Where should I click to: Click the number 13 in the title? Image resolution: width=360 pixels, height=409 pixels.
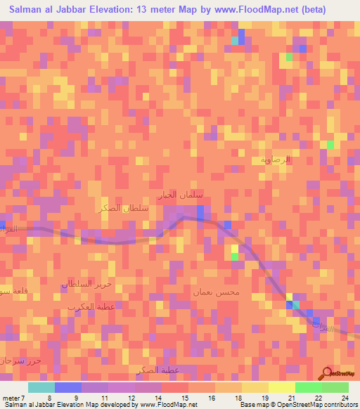(x=155, y=9)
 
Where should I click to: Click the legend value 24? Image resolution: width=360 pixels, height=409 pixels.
(x=345, y=397)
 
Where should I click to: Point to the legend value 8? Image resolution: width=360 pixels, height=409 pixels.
(x=49, y=397)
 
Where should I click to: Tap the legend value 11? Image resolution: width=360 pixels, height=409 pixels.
(x=103, y=397)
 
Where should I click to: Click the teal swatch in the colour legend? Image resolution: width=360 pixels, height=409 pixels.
(x=41, y=387)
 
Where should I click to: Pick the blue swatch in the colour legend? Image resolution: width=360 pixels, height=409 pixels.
(x=68, y=387)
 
